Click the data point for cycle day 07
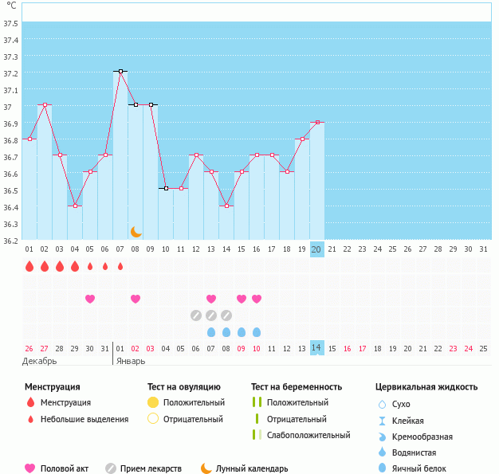point(120,72)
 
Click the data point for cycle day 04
point(75,206)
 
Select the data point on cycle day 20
point(317,122)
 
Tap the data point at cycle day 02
point(45,105)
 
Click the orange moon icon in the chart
point(136,231)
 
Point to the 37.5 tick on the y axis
point(11,23)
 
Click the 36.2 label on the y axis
point(11,240)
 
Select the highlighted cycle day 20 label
point(316,249)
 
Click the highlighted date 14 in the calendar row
point(316,348)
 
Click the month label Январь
point(131,361)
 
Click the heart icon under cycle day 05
point(90,299)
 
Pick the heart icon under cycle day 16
point(257,299)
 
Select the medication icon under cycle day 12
point(196,315)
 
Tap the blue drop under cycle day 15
point(242,332)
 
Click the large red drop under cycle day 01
point(29,266)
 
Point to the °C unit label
point(11,6)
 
